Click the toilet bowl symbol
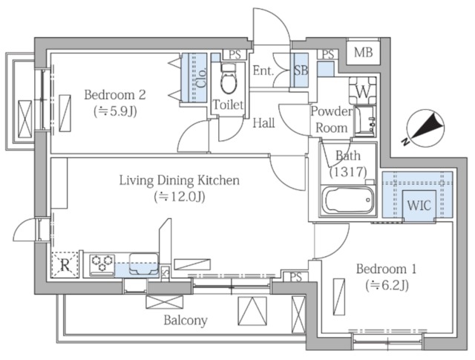[x=229, y=79]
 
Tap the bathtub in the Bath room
[x=347, y=200]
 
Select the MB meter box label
[x=363, y=53]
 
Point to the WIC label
[x=419, y=206]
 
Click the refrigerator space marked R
[x=65, y=264]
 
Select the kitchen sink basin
[x=143, y=264]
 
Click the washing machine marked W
[x=363, y=91]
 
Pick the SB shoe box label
[x=301, y=71]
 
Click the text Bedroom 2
[x=115, y=94]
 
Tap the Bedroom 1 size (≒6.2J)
[x=387, y=286]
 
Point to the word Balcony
[x=186, y=321]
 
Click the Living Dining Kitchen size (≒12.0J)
[x=180, y=197]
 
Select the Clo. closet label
[x=202, y=78]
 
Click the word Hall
[x=264, y=123]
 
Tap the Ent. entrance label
[x=263, y=71]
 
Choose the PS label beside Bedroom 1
[x=296, y=277]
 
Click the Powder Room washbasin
[x=364, y=121]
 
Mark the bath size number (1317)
[x=348, y=171]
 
